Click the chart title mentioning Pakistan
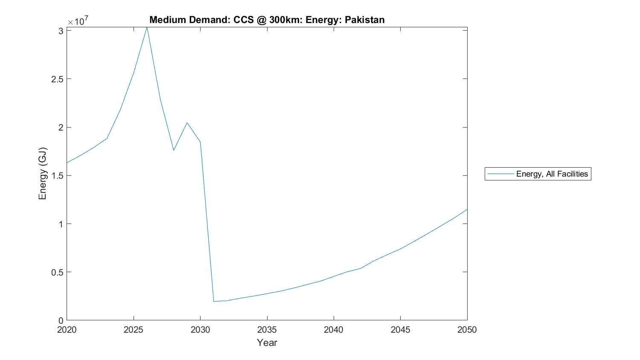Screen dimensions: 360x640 [x=267, y=20]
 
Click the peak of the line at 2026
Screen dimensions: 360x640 [x=147, y=27]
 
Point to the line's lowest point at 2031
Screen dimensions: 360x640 [x=214, y=301]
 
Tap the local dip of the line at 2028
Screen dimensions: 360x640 [x=174, y=150]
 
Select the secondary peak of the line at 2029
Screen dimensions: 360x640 [x=187, y=123]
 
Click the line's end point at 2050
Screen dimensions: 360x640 [x=467, y=209]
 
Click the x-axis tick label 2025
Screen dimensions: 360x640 [x=134, y=330]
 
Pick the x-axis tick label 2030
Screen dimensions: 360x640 [x=200, y=330]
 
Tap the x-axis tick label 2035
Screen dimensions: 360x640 [x=267, y=330]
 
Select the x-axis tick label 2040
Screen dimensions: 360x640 [x=334, y=330]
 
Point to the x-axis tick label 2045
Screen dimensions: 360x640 [x=400, y=330]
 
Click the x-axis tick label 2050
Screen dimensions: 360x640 [x=467, y=330]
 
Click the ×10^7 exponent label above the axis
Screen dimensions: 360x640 [x=78, y=21]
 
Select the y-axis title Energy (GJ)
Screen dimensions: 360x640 [x=42, y=174]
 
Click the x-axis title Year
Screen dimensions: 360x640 [x=267, y=343]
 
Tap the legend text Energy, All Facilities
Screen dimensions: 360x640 [x=552, y=174]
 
